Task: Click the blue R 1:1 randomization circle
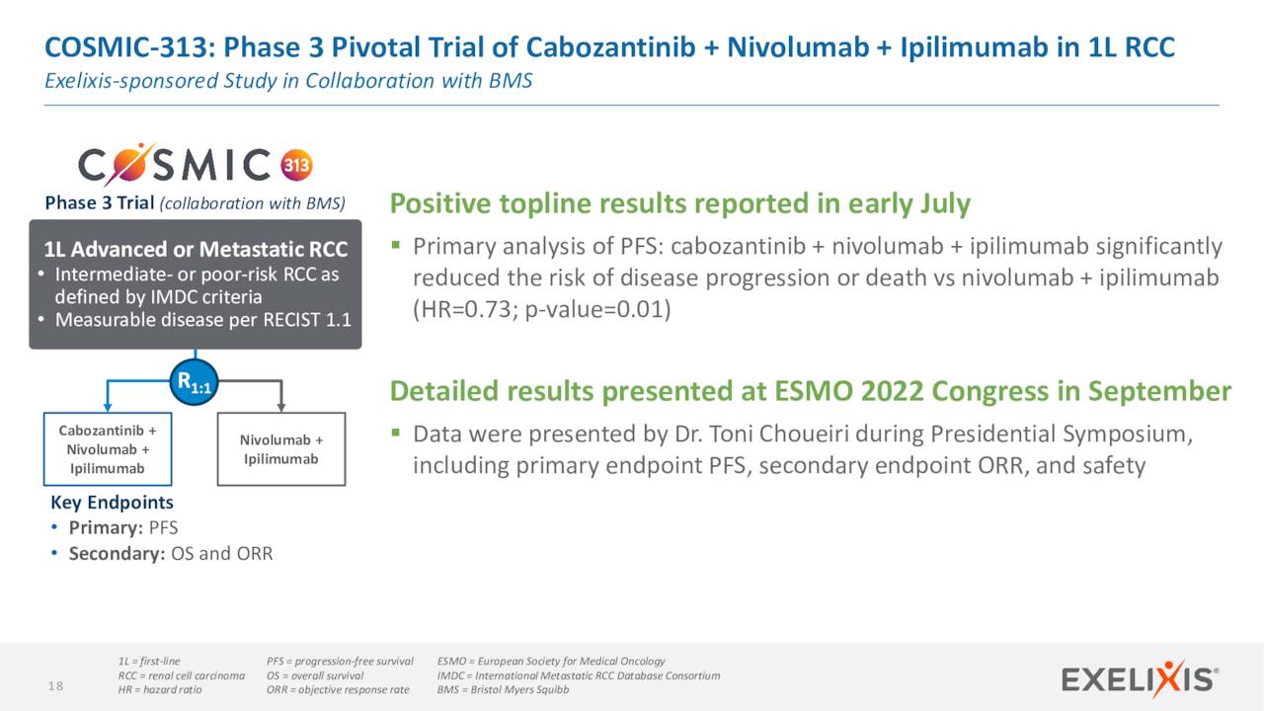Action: point(195,382)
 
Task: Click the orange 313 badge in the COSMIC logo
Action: point(297,165)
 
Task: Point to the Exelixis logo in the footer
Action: point(1140,679)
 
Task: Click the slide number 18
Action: point(56,686)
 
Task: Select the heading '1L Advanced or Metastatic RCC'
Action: point(196,250)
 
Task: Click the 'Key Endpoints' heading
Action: point(112,503)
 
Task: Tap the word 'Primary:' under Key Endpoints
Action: point(106,528)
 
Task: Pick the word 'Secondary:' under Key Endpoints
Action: point(117,554)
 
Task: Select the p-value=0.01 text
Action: point(594,310)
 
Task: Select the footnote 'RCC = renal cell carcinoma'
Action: point(181,675)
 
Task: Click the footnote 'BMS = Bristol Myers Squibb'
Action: point(503,689)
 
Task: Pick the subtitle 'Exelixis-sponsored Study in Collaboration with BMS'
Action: point(288,81)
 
